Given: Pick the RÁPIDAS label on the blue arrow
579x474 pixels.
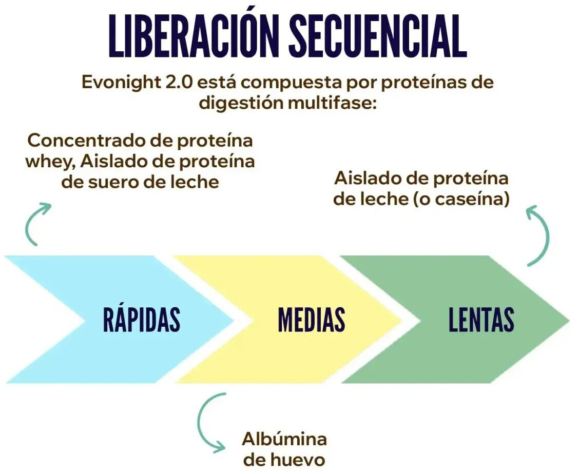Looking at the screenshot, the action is coord(142,319).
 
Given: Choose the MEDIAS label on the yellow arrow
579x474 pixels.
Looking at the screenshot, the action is coord(311,319).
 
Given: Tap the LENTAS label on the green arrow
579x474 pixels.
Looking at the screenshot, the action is coord(481,319).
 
